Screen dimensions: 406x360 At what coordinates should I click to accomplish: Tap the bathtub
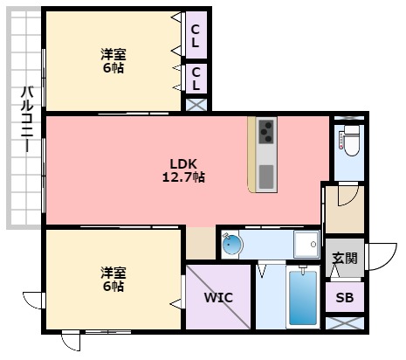pos(303,298)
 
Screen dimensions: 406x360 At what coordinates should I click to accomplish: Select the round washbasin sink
pos(232,244)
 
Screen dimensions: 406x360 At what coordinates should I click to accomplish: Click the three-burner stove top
pos(266,131)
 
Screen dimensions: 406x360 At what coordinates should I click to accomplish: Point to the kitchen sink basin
pos(266,177)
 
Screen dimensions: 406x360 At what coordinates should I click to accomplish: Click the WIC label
pos(218,297)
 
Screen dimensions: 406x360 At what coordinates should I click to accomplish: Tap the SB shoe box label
pos(345,297)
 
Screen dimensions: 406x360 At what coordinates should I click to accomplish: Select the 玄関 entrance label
pos(345,258)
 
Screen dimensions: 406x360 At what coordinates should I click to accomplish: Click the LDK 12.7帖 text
pos(183,170)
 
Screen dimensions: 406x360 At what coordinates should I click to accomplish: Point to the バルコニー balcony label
pos(27,119)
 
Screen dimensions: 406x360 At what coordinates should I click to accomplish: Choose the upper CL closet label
pos(196,36)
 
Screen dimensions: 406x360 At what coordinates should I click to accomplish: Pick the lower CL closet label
pos(196,79)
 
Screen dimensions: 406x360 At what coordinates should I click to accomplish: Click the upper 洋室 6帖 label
pos(114,61)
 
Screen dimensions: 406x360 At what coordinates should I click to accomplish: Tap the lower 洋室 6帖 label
pos(114,279)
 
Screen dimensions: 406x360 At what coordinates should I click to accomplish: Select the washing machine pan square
pos(306,244)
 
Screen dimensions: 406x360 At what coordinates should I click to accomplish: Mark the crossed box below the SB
pos(345,323)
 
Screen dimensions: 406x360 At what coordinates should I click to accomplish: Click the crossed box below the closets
pos(196,105)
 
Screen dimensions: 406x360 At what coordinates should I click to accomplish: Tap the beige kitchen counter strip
pos(251,155)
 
